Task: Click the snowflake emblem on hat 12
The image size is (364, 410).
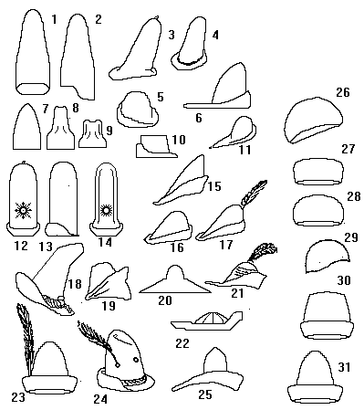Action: (23, 210)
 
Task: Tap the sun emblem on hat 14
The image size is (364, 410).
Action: (107, 210)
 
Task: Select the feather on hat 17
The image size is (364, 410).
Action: (254, 192)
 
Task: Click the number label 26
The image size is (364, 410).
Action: (343, 91)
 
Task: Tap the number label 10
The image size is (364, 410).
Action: (179, 140)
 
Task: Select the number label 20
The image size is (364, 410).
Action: (165, 300)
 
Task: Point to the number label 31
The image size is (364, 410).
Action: (344, 367)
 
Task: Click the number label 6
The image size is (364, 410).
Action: (199, 118)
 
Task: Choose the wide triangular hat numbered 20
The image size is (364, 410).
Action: (175, 279)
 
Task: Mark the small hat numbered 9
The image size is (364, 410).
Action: (92, 134)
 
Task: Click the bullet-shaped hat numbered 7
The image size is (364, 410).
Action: (27, 126)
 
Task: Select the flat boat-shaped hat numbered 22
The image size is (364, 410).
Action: (207, 321)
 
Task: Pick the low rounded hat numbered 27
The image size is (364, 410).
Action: (318, 172)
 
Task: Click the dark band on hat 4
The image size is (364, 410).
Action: (192, 61)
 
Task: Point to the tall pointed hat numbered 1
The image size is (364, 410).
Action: (33, 52)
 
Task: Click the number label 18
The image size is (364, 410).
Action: (75, 284)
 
